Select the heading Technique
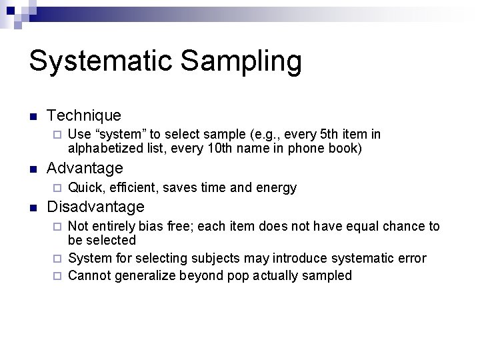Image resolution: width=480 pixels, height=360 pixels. [84, 116]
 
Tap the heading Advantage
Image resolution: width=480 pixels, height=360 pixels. [85, 168]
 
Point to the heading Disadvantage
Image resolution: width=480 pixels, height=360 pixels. [95, 207]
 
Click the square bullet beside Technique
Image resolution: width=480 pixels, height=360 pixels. [32, 117]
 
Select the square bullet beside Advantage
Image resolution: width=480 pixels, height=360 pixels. [32, 169]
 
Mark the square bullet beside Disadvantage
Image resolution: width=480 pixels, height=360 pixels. [32, 208]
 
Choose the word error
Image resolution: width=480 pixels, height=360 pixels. [409, 258]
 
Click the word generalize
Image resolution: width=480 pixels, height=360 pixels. [145, 275]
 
